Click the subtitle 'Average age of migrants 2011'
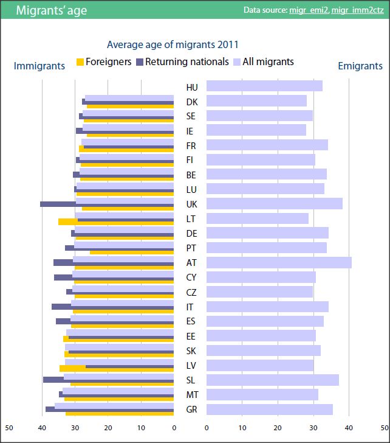click(x=173, y=44)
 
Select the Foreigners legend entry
click(x=104, y=61)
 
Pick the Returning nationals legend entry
click(x=183, y=61)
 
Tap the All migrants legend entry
click(x=267, y=61)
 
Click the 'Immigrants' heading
click(x=39, y=66)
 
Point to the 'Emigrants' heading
click(x=360, y=66)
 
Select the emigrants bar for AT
click(x=279, y=263)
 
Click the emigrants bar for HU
click(x=264, y=86)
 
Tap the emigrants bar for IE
click(x=256, y=130)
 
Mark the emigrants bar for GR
click(x=269, y=409)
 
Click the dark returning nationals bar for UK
click(x=58, y=204)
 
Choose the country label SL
click(x=191, y=380)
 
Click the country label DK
click(x=192, y=102)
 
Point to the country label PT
click(x=191, y=248)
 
